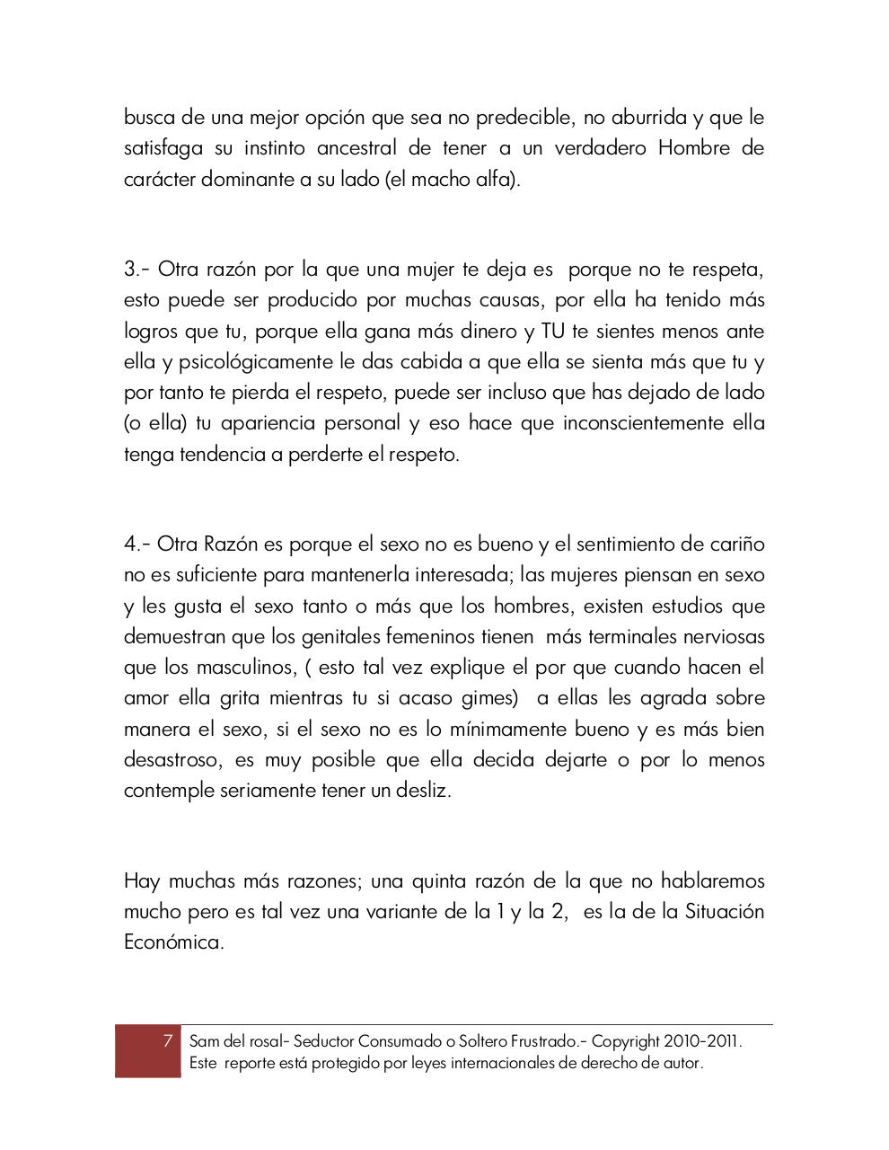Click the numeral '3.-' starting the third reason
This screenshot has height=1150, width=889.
pyautogui.click(x=137, y=270)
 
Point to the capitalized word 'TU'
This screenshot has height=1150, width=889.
pyautogui.click(x=551, y=332)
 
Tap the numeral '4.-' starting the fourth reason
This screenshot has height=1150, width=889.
pyautogui.click(x=137, y=544)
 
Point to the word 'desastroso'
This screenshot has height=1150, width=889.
pyautogui.click(x=171, y=760)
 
